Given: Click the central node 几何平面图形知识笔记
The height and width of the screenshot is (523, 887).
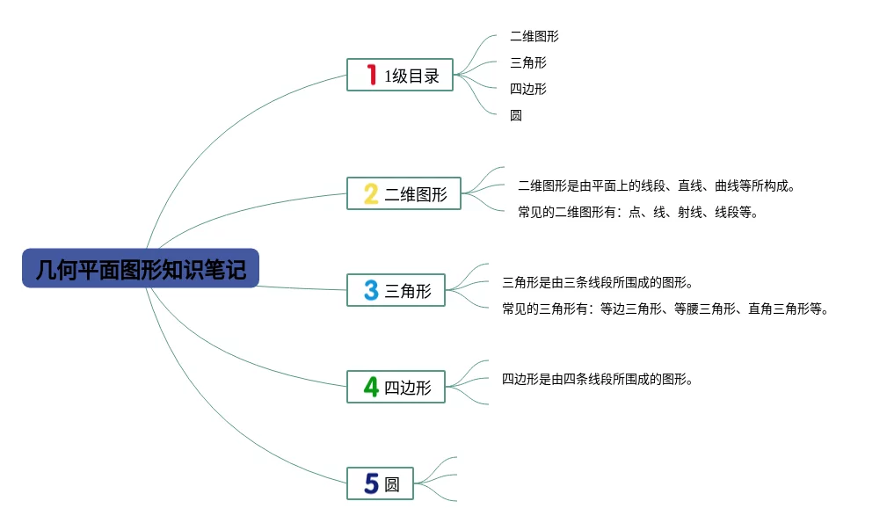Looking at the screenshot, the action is [141, 268].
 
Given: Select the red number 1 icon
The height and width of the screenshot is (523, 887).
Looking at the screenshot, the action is [371, 75].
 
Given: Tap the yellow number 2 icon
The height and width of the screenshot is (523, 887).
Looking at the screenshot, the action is [371, 194].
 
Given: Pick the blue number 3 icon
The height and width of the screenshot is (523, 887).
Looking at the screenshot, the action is [371, 291].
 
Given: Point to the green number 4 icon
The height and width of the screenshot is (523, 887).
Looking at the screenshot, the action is [371, 388].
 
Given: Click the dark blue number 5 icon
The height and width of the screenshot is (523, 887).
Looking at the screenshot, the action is [371, 484].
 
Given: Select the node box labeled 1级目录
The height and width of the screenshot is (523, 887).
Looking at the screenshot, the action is [400, 75].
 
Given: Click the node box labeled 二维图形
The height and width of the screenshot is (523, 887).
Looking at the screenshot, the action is [404, 194].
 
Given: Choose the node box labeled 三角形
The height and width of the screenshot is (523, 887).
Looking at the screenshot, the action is [396, 291].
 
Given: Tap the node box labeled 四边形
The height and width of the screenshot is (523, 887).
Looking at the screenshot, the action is [396, 388].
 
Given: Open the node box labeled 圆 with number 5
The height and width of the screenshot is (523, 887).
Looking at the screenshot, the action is [380, 484].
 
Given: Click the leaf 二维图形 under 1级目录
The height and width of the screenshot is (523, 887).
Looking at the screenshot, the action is [534, 36].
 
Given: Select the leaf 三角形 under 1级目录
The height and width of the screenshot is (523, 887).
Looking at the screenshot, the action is [527, 62].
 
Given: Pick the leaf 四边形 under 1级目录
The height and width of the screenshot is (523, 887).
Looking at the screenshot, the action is [527, 89].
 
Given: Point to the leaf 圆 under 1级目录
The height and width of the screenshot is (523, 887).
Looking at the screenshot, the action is [516, 115].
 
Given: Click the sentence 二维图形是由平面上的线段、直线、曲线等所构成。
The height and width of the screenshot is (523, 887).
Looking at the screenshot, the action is [657, 186].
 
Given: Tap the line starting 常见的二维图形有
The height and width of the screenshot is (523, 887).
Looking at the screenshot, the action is [638, 213].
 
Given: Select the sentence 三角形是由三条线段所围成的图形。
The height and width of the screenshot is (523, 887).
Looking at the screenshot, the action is [598, 283].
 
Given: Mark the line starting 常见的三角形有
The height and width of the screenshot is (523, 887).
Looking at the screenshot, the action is [665, 309].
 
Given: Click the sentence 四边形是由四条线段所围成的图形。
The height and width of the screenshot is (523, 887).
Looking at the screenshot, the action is [598, 380].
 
